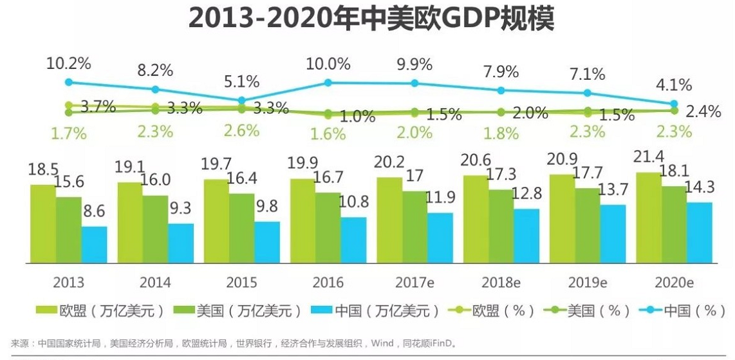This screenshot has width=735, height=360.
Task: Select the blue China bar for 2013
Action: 95,245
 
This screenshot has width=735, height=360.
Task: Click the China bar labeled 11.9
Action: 440,238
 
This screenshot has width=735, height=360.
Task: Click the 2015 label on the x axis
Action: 241,283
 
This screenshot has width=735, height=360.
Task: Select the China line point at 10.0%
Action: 328,82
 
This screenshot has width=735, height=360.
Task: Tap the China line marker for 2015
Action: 241,100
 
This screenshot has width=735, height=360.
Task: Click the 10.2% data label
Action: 69,63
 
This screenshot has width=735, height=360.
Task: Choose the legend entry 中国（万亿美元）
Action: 375,311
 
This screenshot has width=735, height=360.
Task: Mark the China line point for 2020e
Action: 675,104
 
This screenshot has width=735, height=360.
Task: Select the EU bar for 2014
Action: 130,223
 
